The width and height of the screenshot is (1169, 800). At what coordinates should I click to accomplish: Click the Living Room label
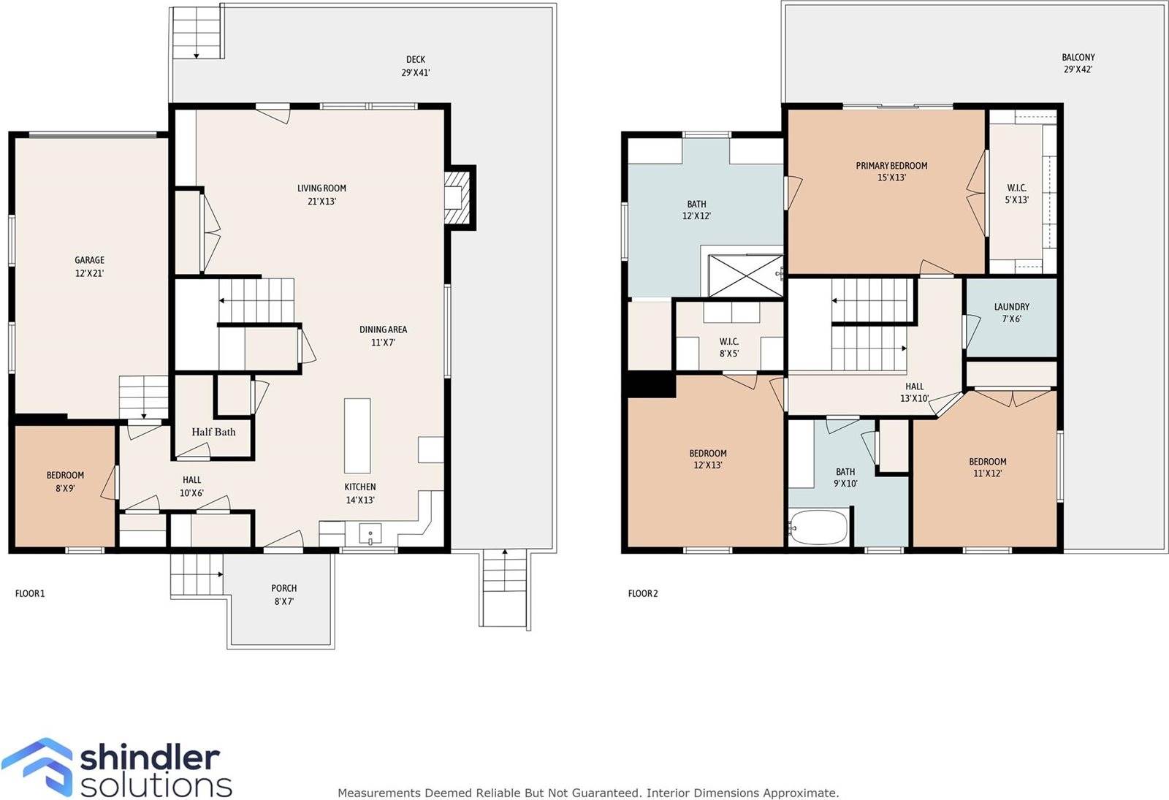tap(321, 194)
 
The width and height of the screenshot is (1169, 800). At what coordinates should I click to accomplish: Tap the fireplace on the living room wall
tap(456, 197)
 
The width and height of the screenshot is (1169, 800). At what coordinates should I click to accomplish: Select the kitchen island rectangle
tap(357, 435)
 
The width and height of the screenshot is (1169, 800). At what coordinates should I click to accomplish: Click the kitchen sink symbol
tap(370, 535)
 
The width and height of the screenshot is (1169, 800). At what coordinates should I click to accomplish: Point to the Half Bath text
tap(213, 432)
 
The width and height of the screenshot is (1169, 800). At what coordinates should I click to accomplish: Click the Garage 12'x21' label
tap(89, 267)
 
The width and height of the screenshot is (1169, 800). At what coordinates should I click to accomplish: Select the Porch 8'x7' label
tap(283, 595)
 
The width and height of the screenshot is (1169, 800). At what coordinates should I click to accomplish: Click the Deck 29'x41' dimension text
tap(415, 72)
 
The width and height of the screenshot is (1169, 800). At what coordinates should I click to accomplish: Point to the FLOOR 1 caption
tap(30, 593)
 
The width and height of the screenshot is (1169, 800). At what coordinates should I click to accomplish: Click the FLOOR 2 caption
tap(643, 593)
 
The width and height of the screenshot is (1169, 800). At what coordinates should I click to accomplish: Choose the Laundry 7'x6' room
tap(1011, 313)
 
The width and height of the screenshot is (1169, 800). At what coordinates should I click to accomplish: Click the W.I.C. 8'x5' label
tap(728, 347)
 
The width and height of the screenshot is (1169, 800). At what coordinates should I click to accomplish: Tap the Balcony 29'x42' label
tap(1078, 64)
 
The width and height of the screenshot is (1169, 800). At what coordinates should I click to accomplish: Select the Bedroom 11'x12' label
tap(987, 467)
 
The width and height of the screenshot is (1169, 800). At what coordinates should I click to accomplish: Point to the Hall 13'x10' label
tap(914, 392)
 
